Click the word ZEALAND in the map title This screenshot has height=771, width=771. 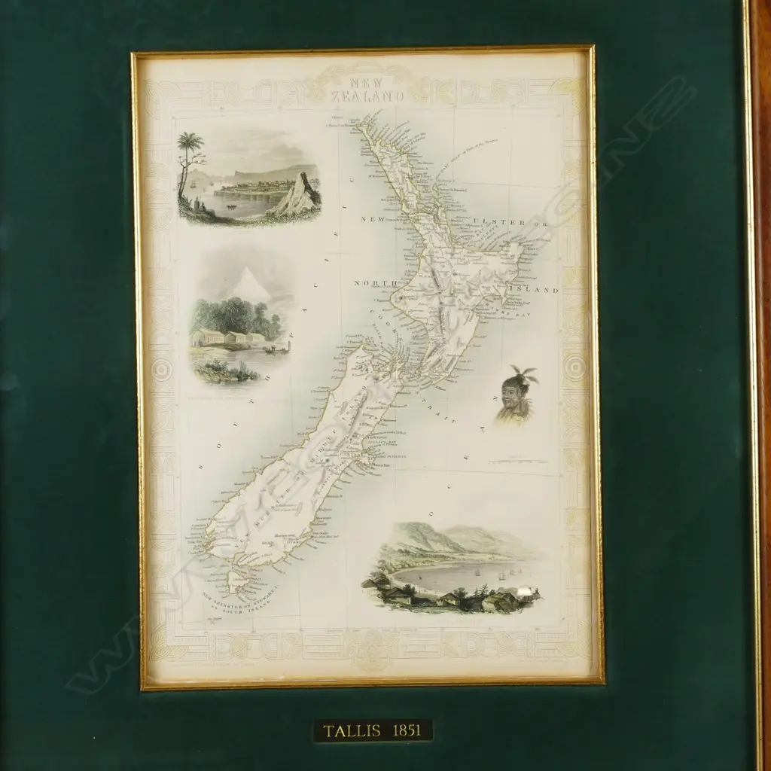point(370,96)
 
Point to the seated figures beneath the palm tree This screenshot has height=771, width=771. point(197,206)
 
